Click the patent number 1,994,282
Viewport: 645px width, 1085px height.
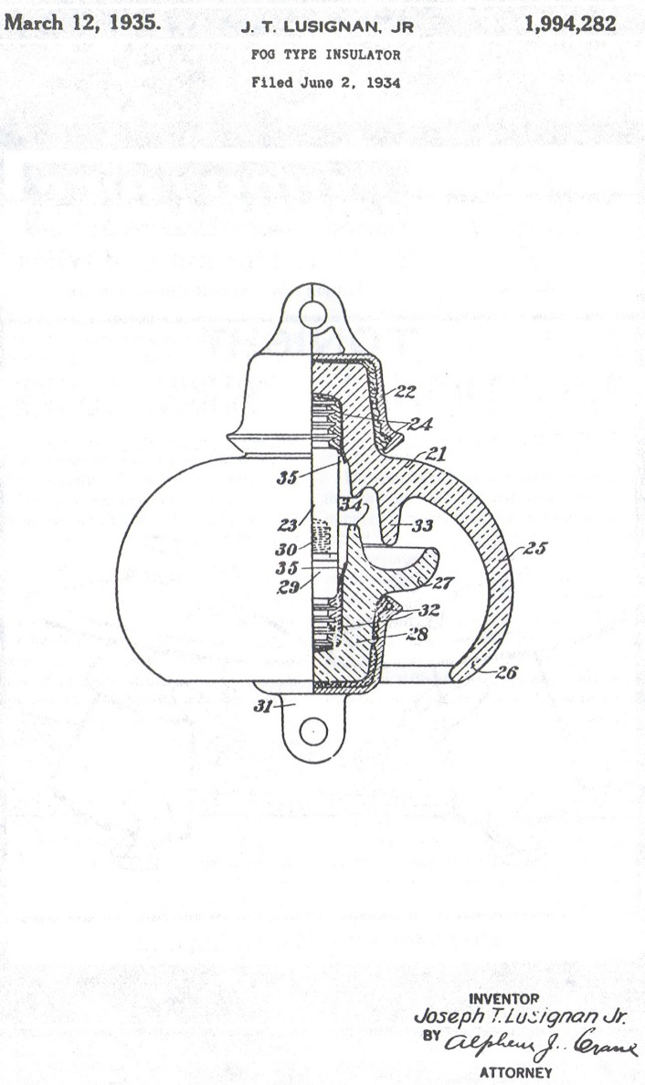coord(570,25)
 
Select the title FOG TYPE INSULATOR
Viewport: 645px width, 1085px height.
coord(326,55)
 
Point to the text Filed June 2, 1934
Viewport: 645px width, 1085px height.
coord(326,82)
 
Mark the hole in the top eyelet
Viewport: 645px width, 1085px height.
coord(312,314)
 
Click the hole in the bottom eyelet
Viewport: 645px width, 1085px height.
coord(313,731)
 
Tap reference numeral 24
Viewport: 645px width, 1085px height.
coord(420,424)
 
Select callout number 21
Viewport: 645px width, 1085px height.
coord(436,454)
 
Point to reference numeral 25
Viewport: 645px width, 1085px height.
coord(535,548)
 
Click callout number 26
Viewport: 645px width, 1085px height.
coord(506,672)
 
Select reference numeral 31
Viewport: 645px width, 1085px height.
coord(264,706)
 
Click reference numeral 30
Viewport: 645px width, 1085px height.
coord(286,550)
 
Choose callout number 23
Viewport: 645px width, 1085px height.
coord(287,526)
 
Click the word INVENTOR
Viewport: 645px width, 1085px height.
coord(503,998)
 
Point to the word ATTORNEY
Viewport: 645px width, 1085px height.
coord(516,1072)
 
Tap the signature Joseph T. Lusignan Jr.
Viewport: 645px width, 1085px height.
coord(521,1017)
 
